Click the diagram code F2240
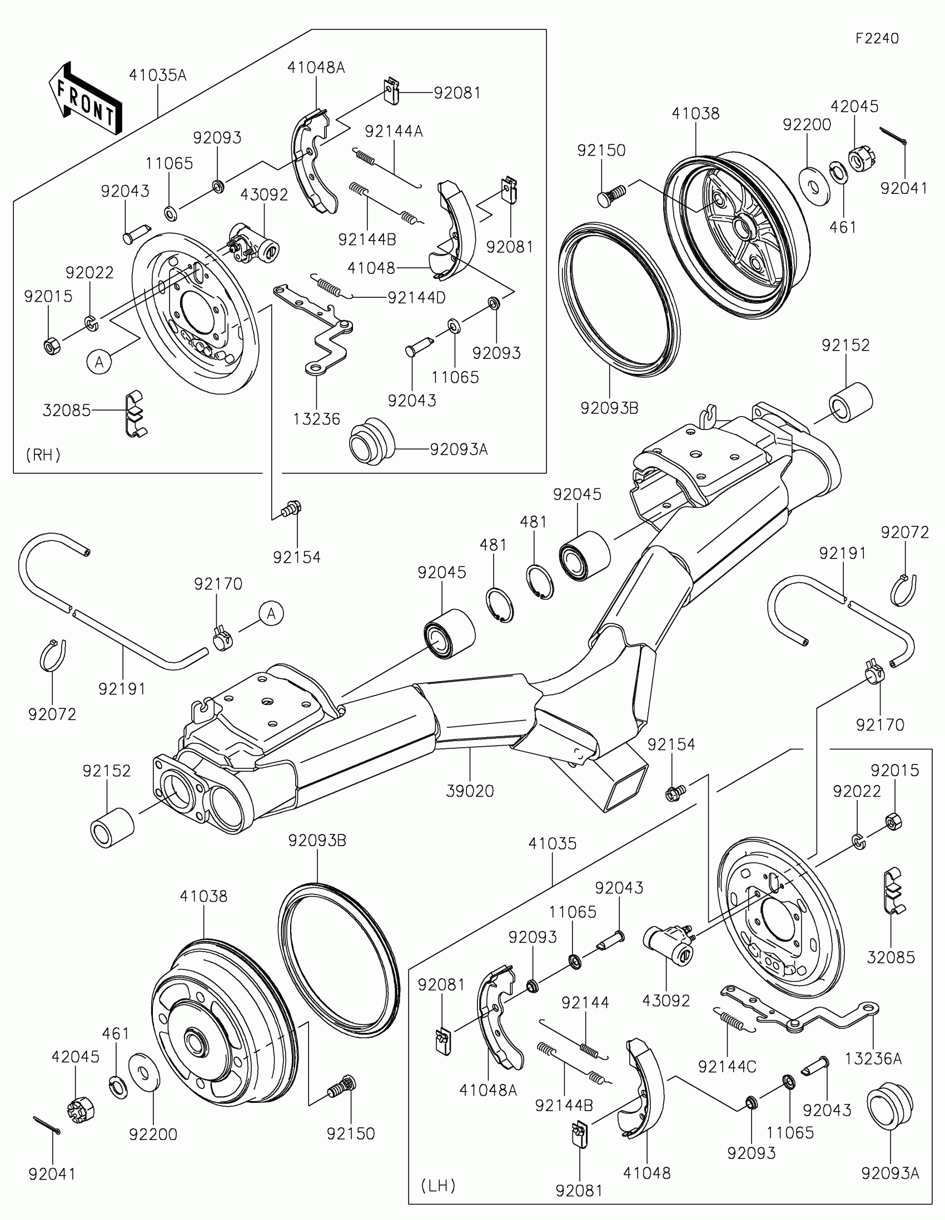point(877,38)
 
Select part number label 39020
point(470,791)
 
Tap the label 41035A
point(158,76)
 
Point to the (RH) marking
point(43,455)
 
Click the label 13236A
point(873,1058)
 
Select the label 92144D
point(417,298)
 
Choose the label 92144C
point(727,1066)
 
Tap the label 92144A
point(394,132)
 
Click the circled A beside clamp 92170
point(271,614)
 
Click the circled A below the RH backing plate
point(100,362)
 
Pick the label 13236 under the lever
point(316,419)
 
